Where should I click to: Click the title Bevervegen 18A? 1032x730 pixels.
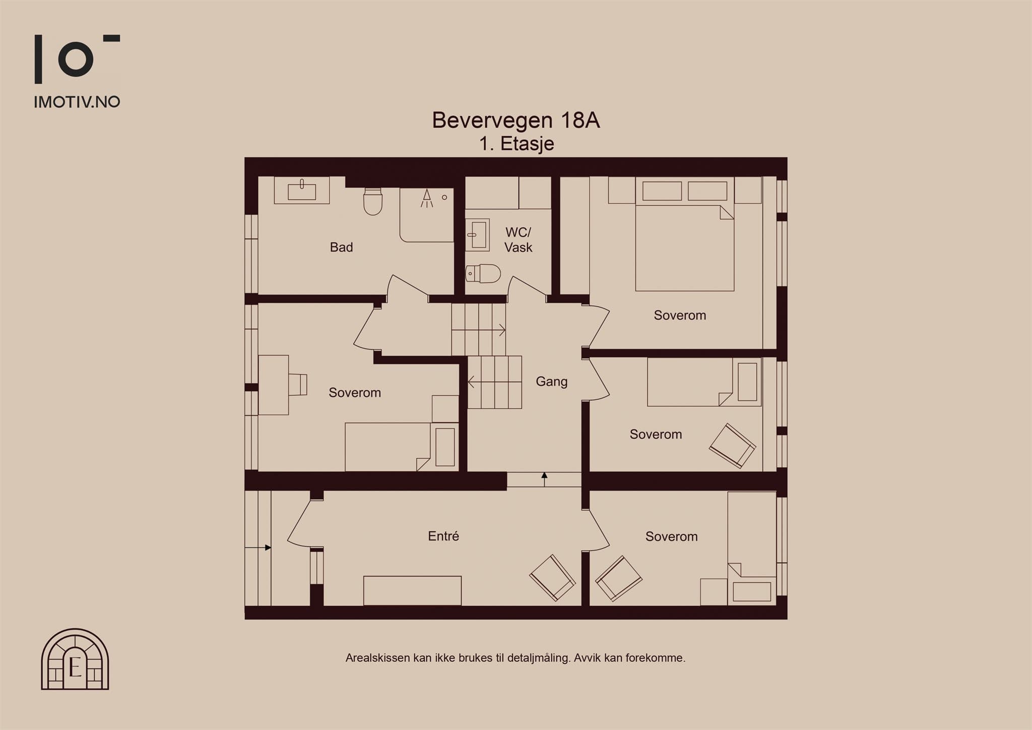click(x=516, y=120)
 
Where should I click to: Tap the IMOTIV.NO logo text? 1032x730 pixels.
click(x=77, y=102)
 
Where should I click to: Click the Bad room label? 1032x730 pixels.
click(x=341, y=247)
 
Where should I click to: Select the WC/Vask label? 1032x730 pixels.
click(x=518, y=239)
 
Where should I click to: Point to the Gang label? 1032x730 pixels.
click(x=551, y=382)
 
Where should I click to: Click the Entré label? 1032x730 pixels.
click(x=443, y=536)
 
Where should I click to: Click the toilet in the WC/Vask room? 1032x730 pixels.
click(x=483, y=274)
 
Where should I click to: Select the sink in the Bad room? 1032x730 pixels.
click(x=301, y=190)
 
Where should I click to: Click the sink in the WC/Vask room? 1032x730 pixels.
click(x=477, y=234)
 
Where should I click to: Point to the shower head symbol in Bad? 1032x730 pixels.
click(x=427, y=198)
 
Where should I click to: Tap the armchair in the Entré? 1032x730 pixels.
click(x=552, y=578)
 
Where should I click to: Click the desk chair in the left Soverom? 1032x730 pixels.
click(x=298, y=385)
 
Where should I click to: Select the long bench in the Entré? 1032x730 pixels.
click(x=412, y=590)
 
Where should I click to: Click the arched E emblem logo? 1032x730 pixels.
click(x=75, y=659)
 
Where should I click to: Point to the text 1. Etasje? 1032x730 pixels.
click(x=517, y=144)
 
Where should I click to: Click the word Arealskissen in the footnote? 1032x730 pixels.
click(x=377, y=658)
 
